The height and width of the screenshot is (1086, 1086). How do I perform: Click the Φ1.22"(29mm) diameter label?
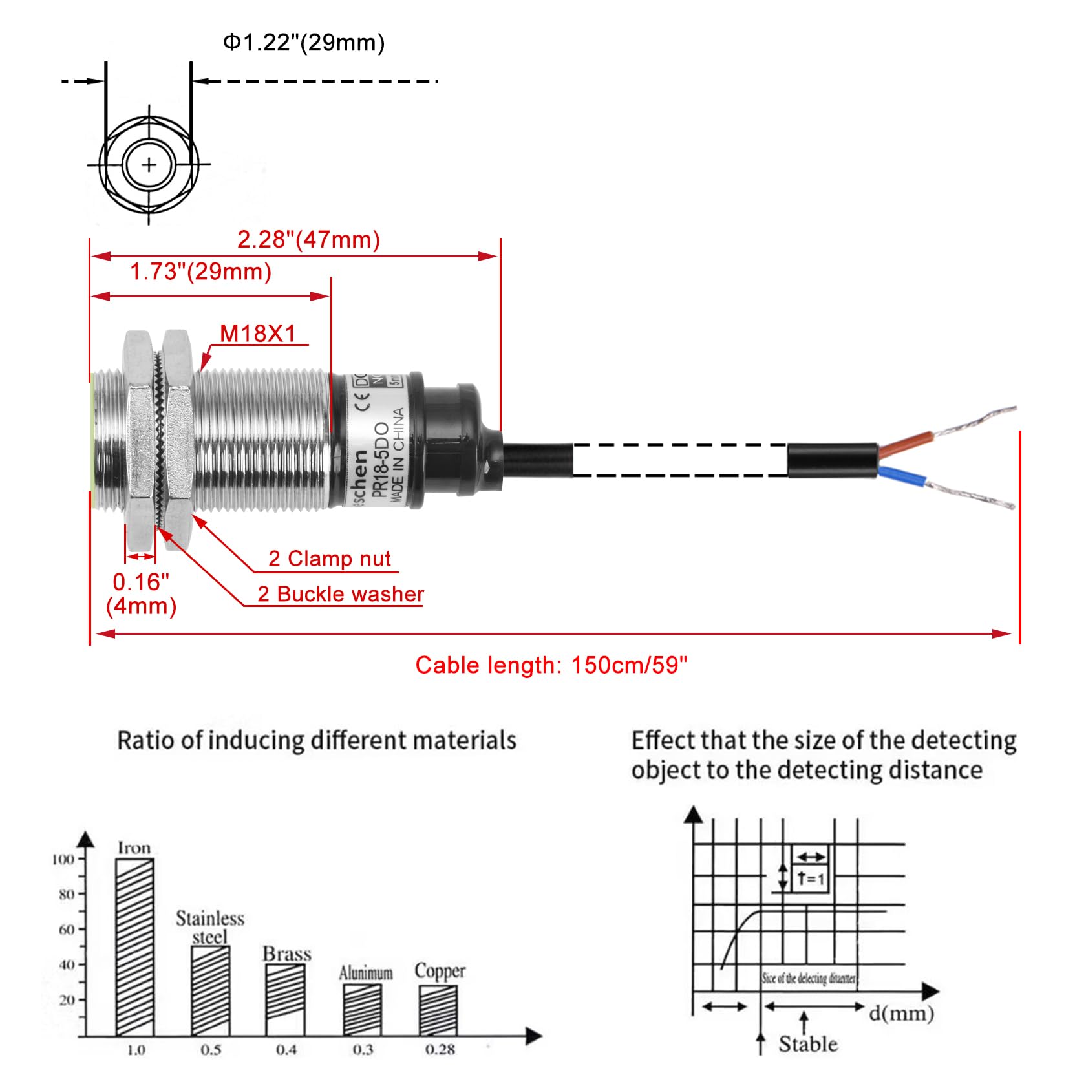pyautogui.click(x=304, y=43)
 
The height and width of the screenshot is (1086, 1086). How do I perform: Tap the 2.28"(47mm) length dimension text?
pyautogui.click(x=308, y=240)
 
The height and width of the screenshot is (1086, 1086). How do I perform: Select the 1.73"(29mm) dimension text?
pyautogui.click(x=200, y=271)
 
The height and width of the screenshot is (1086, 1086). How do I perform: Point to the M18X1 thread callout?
pyautogui.click(x=258, y=334)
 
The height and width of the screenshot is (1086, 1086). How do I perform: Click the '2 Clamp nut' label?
pyautogui.click(x=329, y=559)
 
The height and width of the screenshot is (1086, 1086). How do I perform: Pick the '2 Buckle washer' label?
pyautogui.click(x=341, y=594)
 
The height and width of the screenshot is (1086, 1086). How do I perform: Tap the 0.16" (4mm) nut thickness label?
pyautogui.click(x=141, y=593)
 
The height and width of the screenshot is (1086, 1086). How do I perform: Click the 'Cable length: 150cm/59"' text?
pyautogui.click(x=551, y=665)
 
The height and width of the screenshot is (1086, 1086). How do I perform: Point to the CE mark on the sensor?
pyautogui.click(x=364, y=403)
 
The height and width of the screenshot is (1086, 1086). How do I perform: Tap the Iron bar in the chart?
pyautogui.click(x=134, y=947)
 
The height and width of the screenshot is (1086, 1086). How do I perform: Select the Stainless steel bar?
pyautogui.click(x=210, y=990)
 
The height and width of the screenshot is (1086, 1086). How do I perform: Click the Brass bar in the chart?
pyautogui.click(x=286, y=999)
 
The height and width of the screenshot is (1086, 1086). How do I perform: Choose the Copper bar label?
pyautogui.click(x=440, y=971)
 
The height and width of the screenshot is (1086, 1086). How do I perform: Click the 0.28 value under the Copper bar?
pyautogui.click(x=440, y=1049)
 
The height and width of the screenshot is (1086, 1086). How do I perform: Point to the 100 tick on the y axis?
pyautogui.click(x=63, y=859)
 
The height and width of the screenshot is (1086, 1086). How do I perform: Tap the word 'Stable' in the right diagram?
pyautogui.click(x=807, y=1044)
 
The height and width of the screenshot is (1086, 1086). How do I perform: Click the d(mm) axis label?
pyautogui.click(x=901, y=1013)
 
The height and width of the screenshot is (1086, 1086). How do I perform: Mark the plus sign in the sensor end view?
pyautogui.click(x=149, y=165)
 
